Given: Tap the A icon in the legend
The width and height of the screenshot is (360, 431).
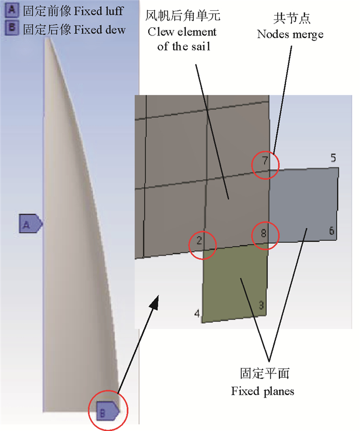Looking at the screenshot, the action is [10, 10].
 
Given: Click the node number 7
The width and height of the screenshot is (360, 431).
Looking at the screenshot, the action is [265, 161].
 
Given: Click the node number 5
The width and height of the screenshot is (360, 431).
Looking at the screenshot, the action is [333, 158].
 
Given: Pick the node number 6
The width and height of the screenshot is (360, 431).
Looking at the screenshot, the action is [332, 231].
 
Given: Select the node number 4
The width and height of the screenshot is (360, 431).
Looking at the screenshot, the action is [196, 313].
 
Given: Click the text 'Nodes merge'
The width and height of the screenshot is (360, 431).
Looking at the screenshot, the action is [290, 34].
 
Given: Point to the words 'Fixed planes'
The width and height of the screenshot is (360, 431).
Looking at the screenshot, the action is [262, 391].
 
